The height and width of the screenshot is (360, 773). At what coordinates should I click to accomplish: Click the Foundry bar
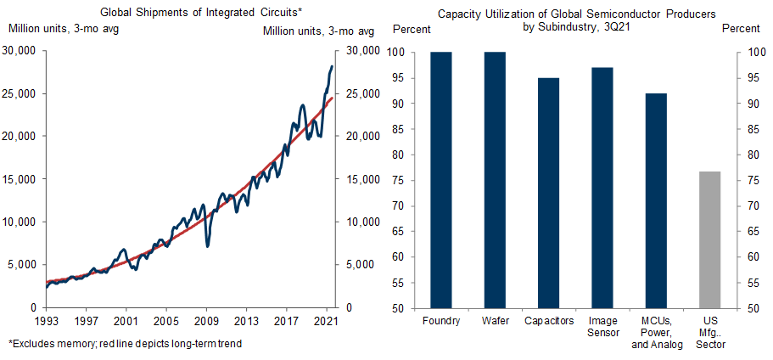tap(441, 180)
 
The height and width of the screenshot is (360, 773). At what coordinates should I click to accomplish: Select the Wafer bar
tap(495, 180)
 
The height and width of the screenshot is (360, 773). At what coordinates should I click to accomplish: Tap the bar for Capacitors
tap(548, 193)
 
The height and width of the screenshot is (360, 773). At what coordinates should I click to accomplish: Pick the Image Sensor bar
tap(602, 188)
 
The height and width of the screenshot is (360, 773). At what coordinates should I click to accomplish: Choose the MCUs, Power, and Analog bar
tap(655, 200)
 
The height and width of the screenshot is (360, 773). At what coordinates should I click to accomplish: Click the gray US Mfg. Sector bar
tap(709, 239)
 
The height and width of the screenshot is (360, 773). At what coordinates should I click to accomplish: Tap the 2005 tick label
tap(166, 321)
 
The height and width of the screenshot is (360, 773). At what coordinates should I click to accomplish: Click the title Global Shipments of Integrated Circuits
tap(191, 13)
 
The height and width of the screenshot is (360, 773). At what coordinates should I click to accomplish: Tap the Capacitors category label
tap(548, 321)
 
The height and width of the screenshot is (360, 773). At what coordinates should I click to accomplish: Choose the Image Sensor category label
tap(602, 327)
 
